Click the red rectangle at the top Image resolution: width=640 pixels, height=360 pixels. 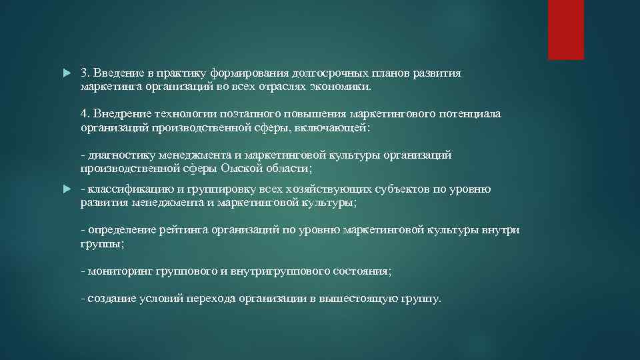point(565,29)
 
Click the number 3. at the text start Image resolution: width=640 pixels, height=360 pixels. point(86,73)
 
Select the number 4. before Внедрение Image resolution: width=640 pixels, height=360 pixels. point(86,114)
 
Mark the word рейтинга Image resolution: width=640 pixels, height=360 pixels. point(185,231)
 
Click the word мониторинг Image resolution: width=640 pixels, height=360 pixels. point(120,271)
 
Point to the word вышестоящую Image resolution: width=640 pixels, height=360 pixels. point(359,299)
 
